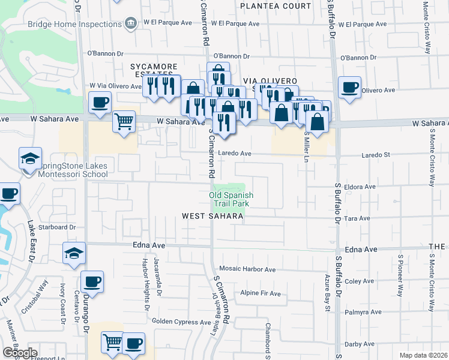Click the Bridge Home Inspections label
(x=75, y=24)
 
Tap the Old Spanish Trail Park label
(x=231, y=199)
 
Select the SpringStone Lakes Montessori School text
(x=67, y=170)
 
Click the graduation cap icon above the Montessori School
(x=30, y=159)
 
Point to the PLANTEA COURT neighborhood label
(x=276, y=5)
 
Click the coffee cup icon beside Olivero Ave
(x=349, y=88)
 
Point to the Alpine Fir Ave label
(x=261, y=293)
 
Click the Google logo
(x=19, y=353)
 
